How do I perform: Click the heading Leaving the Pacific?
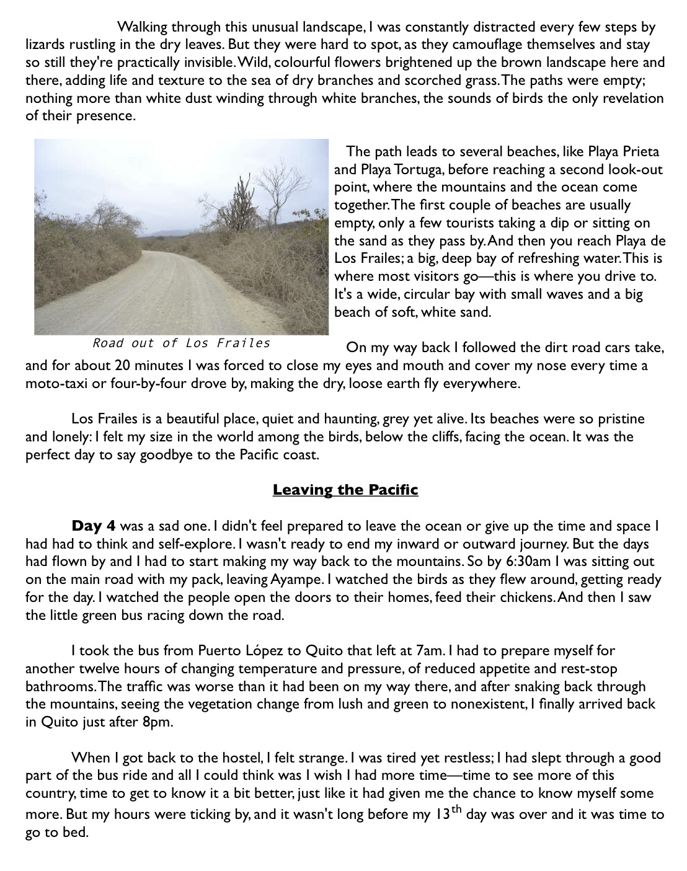click(x=345, y=490)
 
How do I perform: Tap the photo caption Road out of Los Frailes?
click(x=181, y=343)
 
